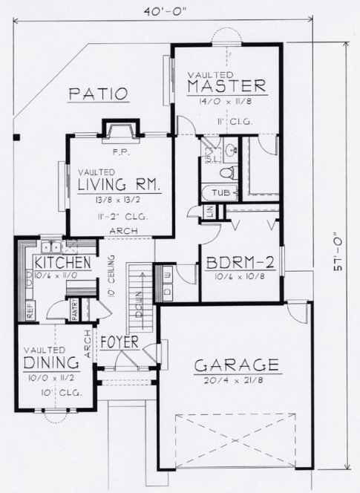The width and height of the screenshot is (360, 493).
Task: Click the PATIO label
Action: coord(99,94)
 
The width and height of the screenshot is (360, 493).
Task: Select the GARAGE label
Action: coord(237,365)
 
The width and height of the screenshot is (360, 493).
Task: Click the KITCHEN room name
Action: coord(62,263)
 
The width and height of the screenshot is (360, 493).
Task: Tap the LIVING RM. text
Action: coord(120,185)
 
